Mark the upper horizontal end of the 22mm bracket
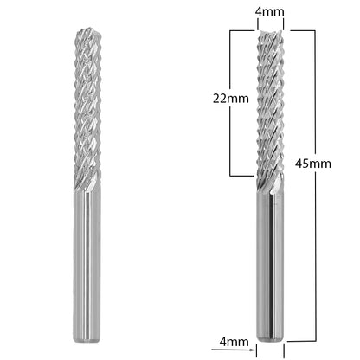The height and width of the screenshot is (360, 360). click(241, 30)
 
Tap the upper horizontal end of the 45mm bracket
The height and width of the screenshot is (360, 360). click(301, 30)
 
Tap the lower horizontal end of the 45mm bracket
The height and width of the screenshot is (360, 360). click(301, 342)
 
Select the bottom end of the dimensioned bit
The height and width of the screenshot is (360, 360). click(270, 339)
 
